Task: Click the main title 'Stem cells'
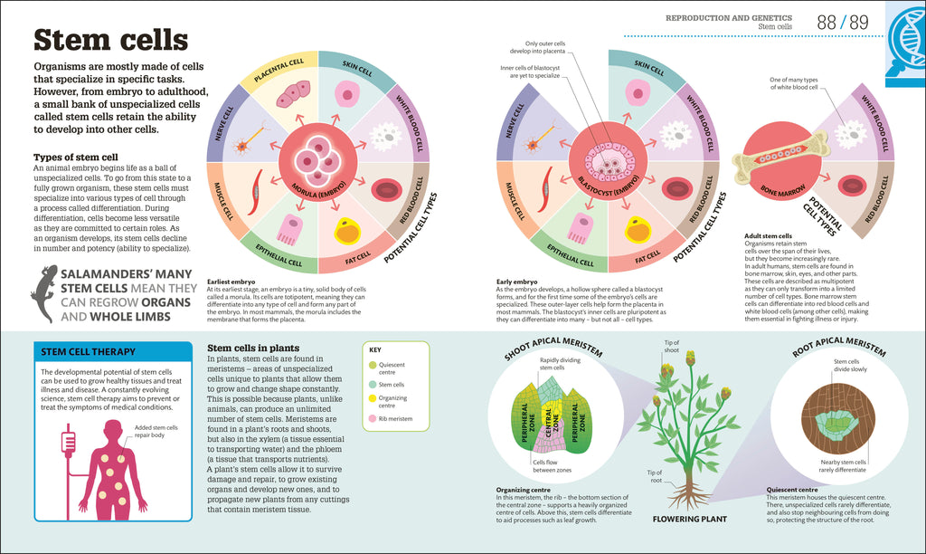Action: pyautogui.click(x=110, y=41)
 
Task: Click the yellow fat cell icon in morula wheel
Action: pyautogui.click(x=347, y=231)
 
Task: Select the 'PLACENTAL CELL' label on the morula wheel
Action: pyautogui.click(x=278, y=72)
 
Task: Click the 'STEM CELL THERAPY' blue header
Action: pyautogui.click(x=85, y=352)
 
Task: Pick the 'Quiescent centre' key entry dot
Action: pyautogui.click(x=373, y=366)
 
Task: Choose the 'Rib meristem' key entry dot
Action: pyautogui.click(x=373, y=419)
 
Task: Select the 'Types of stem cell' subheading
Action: pyautogui.click(x=76, y=157)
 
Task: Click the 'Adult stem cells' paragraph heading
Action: pyautogui.click(x=768, y=235)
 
